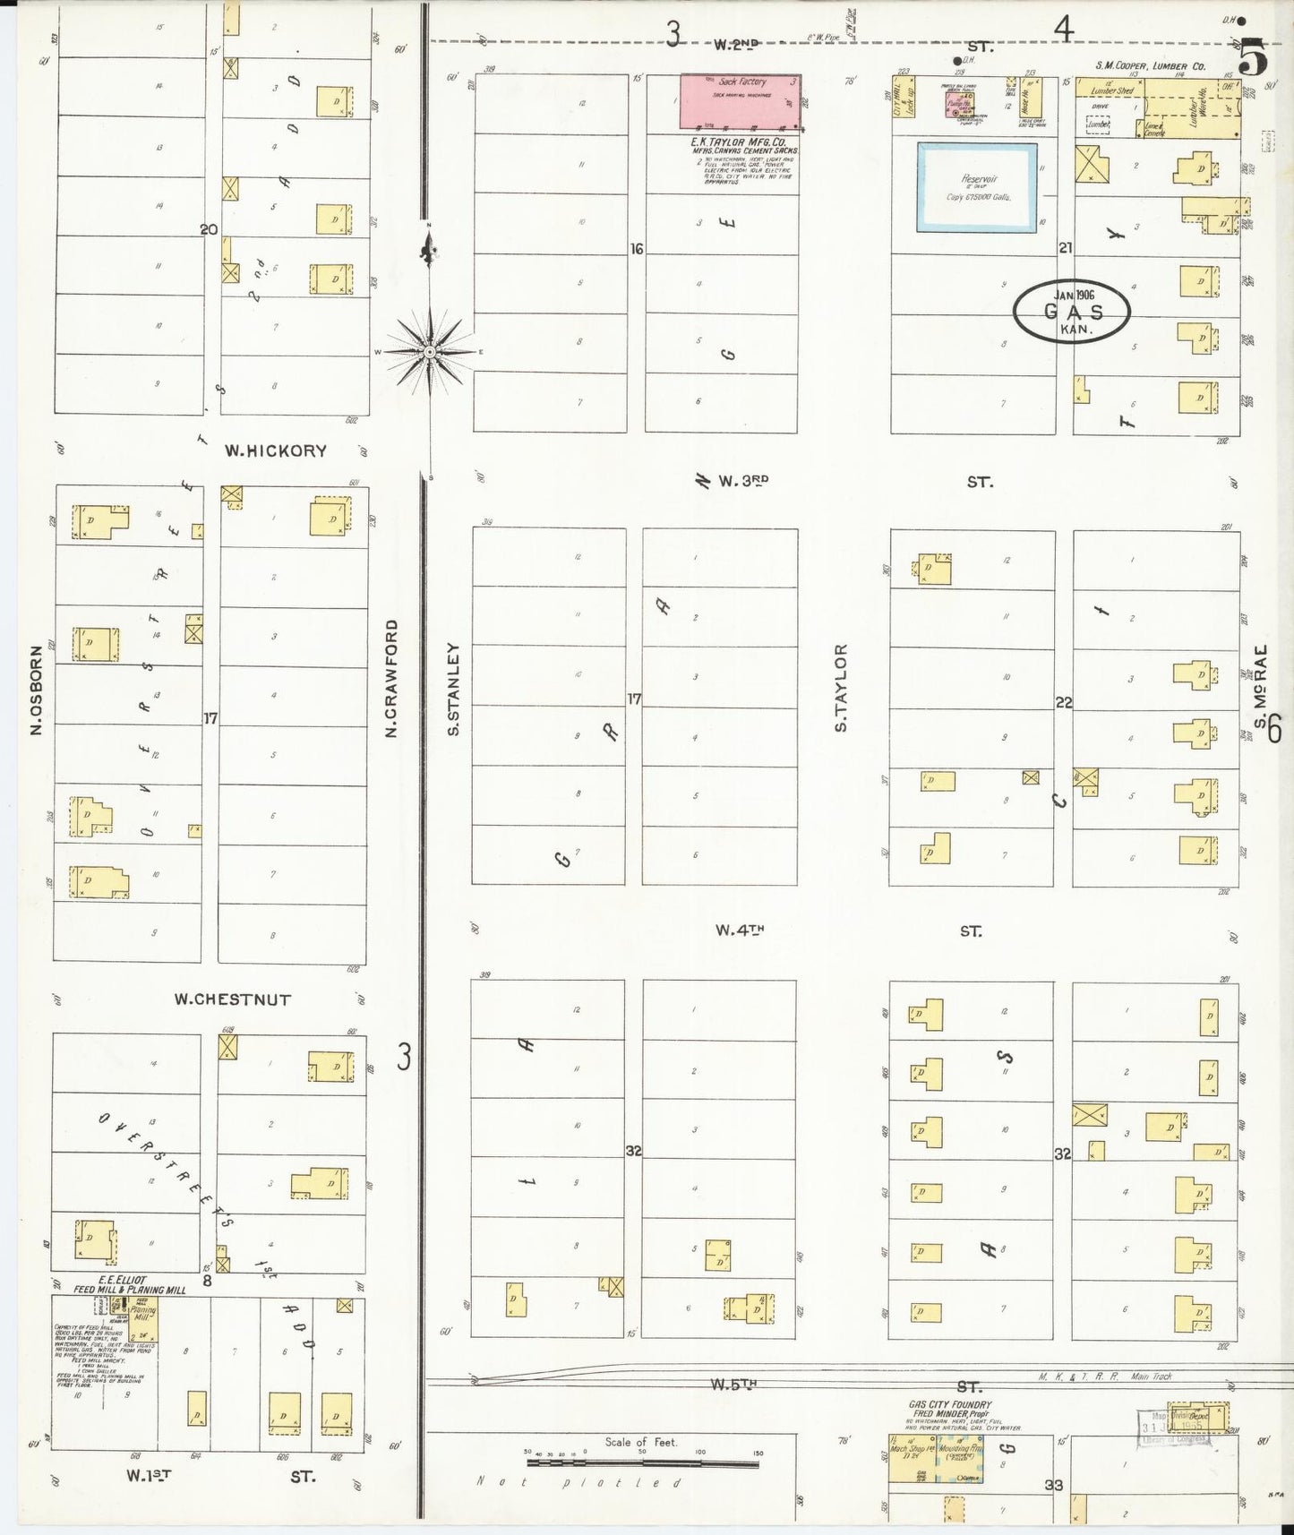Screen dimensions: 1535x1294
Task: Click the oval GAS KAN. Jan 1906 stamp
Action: click(x=1072, y=311)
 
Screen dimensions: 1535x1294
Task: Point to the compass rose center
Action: click(x=430, y=352)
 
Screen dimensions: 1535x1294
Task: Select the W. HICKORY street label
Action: click(x=275, y=451)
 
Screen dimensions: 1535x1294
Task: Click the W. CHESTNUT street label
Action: click(x=233, y=999)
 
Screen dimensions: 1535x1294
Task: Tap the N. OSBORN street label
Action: click(x=37, y=691)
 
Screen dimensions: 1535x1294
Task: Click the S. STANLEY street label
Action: click(x=453, y=689)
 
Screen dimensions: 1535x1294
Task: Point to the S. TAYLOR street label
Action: click(x=840, y=687)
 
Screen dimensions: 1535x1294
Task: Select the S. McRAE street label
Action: click(x=1260, y=687)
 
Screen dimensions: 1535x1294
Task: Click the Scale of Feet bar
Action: click(x=642, y=1462)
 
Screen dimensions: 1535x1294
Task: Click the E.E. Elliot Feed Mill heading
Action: click(x=131, y=1285)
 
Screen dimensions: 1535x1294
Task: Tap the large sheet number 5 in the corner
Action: click(x=1254, y=59)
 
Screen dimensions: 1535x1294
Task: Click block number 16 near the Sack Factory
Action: click(x=636, y=249)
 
